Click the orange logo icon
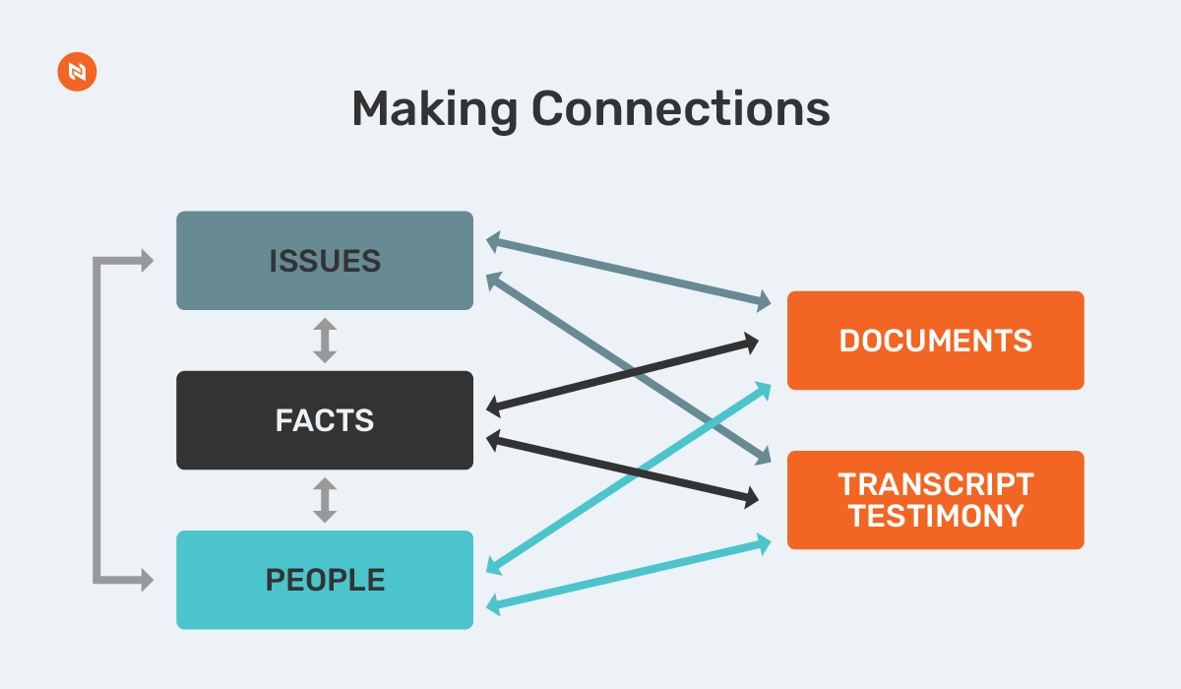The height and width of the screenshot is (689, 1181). tap(77, 74)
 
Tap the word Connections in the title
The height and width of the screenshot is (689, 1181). tap(680, 109)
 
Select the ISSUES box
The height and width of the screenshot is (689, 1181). tap(325, 261)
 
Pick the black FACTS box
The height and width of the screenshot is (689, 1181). tap(325, 420)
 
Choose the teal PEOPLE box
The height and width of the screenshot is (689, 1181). tap(325, 580)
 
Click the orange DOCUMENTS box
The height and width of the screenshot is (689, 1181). tap(935, 341)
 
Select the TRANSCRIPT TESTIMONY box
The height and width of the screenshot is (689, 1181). tap(935, 500)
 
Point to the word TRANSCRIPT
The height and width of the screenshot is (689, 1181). tap(936, 484)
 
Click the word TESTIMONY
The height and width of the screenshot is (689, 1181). tap(936, 516)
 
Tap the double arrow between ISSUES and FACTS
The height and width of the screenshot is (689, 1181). tap(325, 341)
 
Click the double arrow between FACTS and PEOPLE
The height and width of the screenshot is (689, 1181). tap(325, 500)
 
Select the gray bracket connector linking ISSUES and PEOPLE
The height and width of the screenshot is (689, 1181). tap(97, 420)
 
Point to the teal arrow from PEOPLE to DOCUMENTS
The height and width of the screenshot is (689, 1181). tap(551, 527)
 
